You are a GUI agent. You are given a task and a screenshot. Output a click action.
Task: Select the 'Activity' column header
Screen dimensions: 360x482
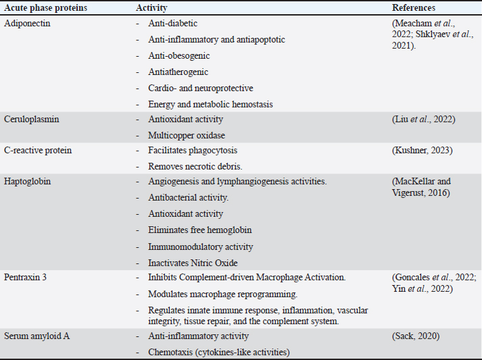tap(152, 8)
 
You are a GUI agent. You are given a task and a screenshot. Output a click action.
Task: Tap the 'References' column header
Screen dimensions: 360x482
tap(414, 8)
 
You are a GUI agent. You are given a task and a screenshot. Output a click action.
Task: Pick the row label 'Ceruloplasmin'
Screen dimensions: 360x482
tap(31, 119)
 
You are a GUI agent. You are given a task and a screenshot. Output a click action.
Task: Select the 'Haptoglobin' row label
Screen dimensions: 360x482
tap(28, 182)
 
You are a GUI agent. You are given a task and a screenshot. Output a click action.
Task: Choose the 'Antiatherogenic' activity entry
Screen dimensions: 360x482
tap(178, 72)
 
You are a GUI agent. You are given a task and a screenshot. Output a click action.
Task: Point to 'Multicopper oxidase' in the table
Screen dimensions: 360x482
tap(187, 135)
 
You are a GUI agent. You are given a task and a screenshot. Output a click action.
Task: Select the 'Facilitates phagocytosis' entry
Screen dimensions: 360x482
tap(193, 149)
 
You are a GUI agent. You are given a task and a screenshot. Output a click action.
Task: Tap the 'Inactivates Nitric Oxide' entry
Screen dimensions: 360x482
tap(193, 263)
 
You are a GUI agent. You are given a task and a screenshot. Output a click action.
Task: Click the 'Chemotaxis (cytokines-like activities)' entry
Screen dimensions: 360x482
tap(219, 352)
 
